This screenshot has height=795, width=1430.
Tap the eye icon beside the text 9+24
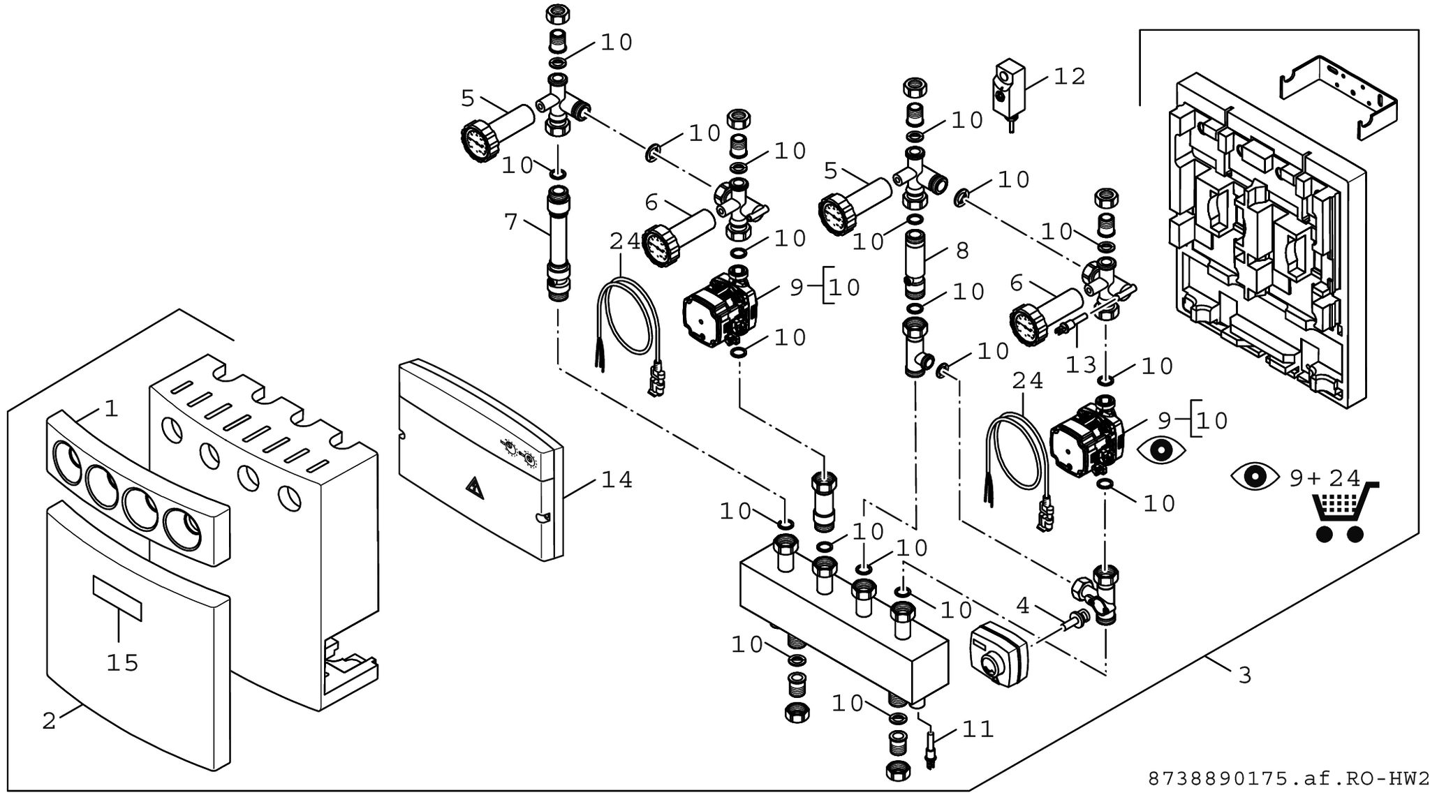[x=1254, y=477]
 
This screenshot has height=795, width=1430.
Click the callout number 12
[x=1069, y=77]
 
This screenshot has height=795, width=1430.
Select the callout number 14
[x=617, y=480]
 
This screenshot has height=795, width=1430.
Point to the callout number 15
[x=122, y=663]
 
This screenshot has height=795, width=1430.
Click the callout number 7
[x=511, y=223]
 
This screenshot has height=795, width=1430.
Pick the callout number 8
[x=961, y=251]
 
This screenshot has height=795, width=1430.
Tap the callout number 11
[x=978, y=730]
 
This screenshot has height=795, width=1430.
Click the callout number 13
[x=1081, y=364]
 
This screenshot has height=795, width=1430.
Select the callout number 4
[x=1022, y=606]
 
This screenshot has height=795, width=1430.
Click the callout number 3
[x=1244, y=676]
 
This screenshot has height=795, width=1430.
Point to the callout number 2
[x=48, y=721]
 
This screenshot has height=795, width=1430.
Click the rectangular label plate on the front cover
[x=117, y=599]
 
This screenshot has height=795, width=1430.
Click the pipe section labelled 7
[x=558, y=237]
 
